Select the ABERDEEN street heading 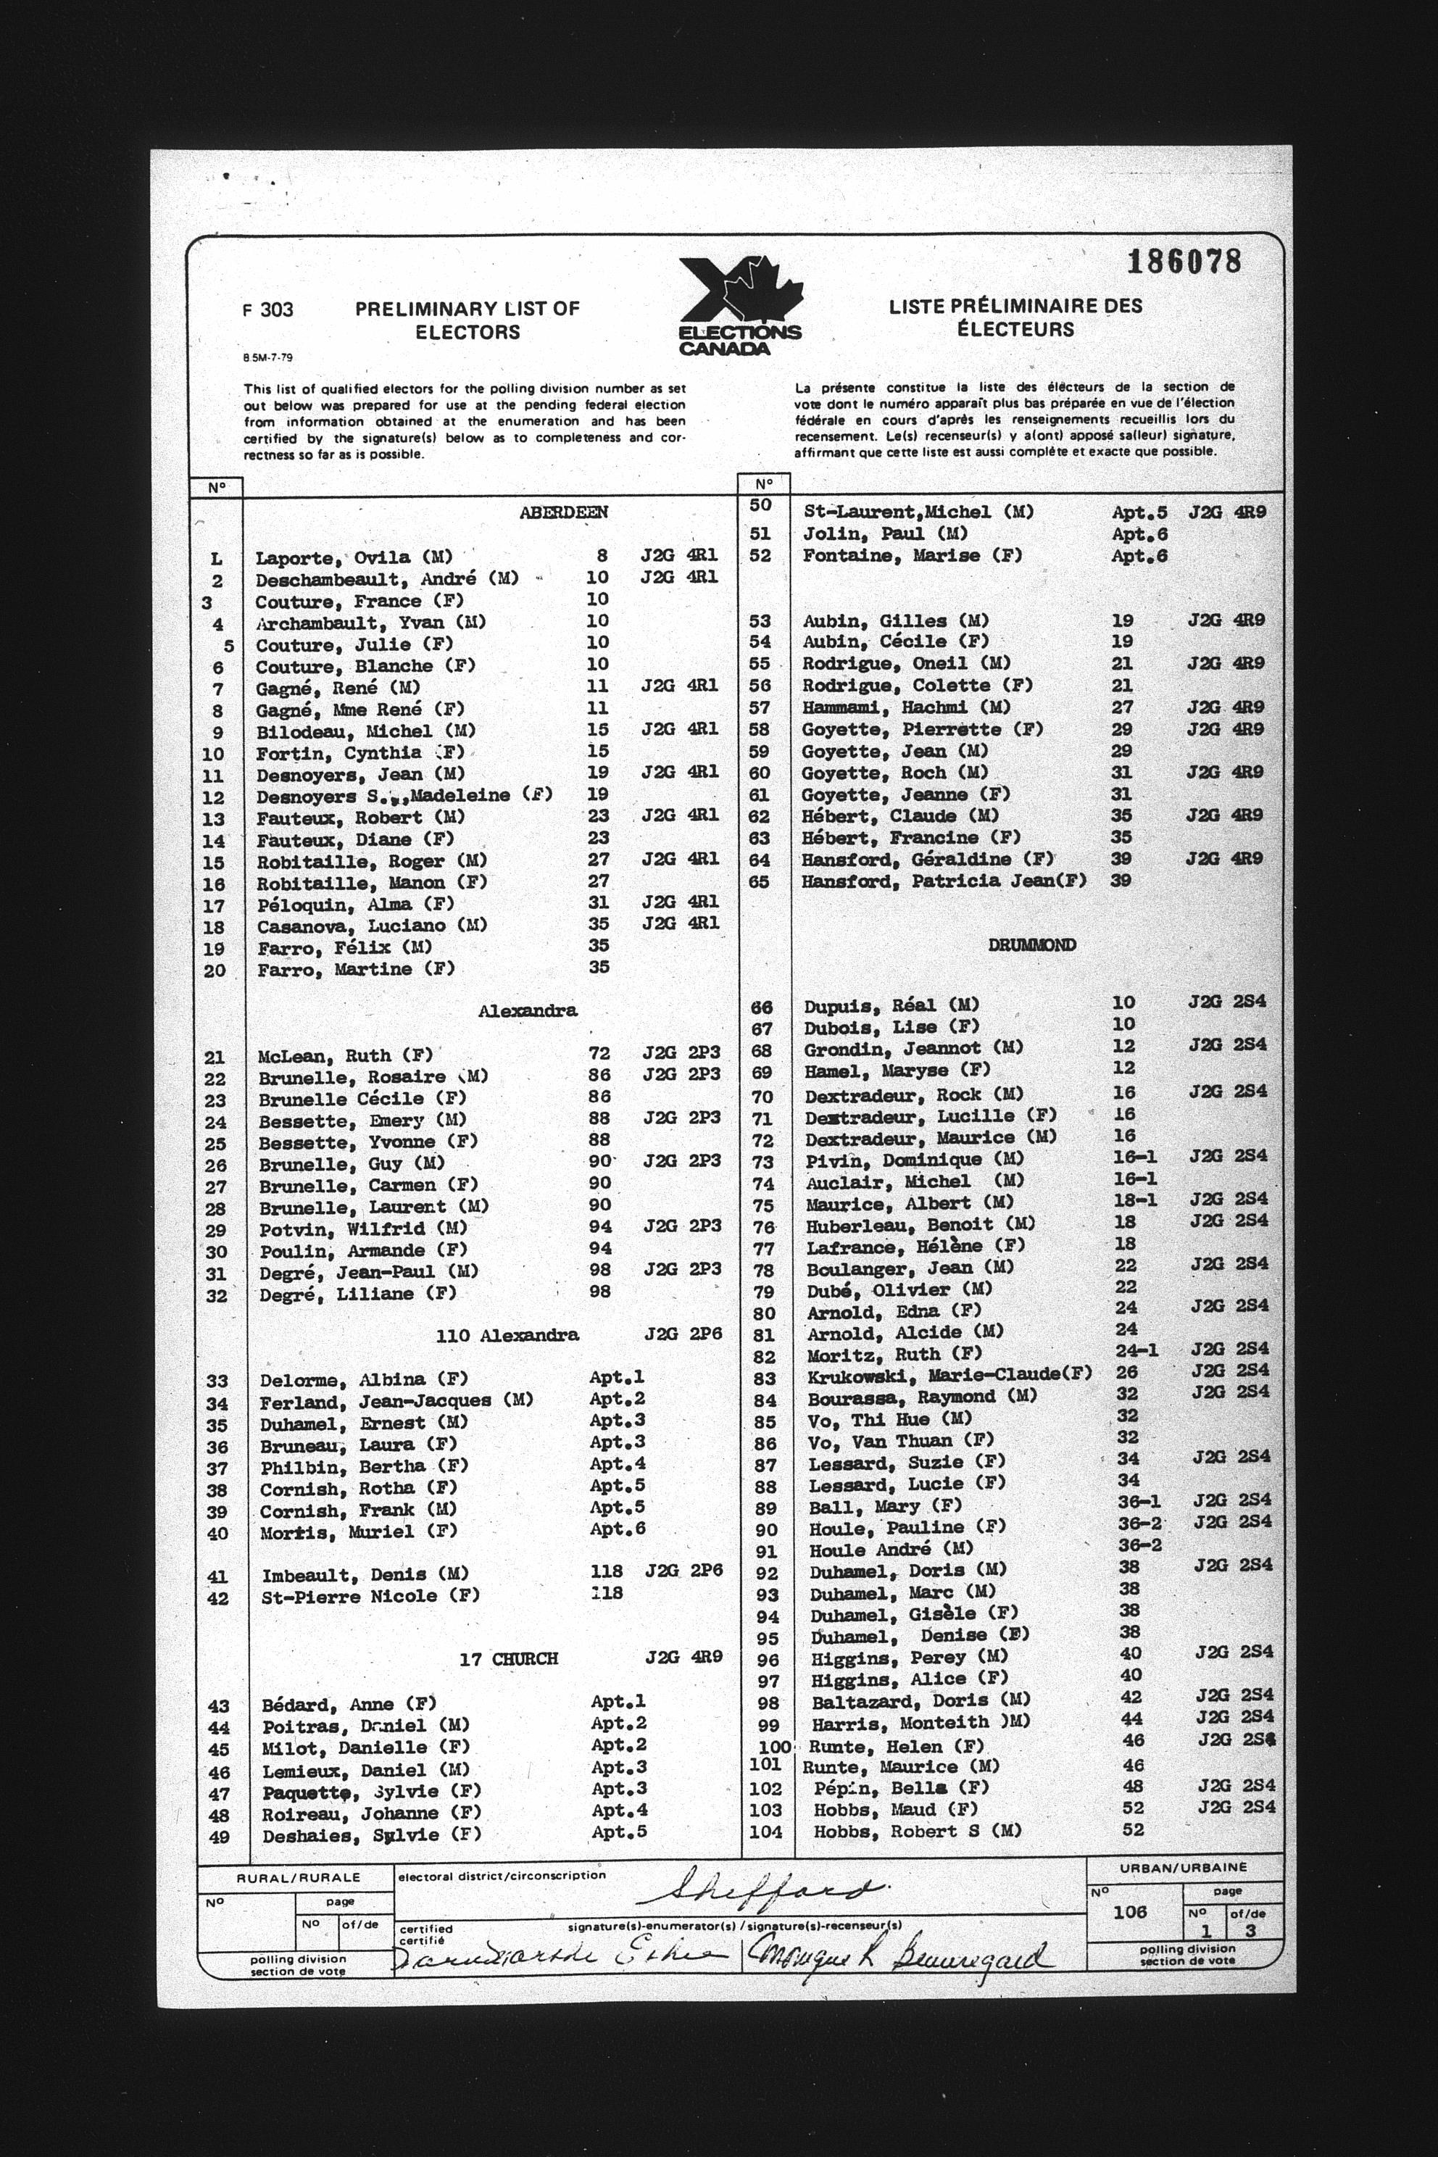(x=563, y=512)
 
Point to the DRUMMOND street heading (x=1031, y=944)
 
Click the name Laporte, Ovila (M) (x=353, y=557)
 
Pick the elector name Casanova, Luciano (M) (x=373, y=926)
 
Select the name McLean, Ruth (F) (x=345, y=1055)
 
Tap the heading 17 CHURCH (x=509, y=1658)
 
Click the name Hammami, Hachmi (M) (x=906, y=707)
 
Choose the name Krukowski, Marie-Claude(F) (x=949, y=1373)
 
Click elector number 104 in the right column (x=766, y=1832)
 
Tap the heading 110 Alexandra (x=507, y=1335)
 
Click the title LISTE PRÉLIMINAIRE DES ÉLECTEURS (x=1015, y=317)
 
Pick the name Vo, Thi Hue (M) (x=889, y=1418)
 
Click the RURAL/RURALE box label (x=298, y=1878)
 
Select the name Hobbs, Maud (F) (x=895, y=1809)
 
